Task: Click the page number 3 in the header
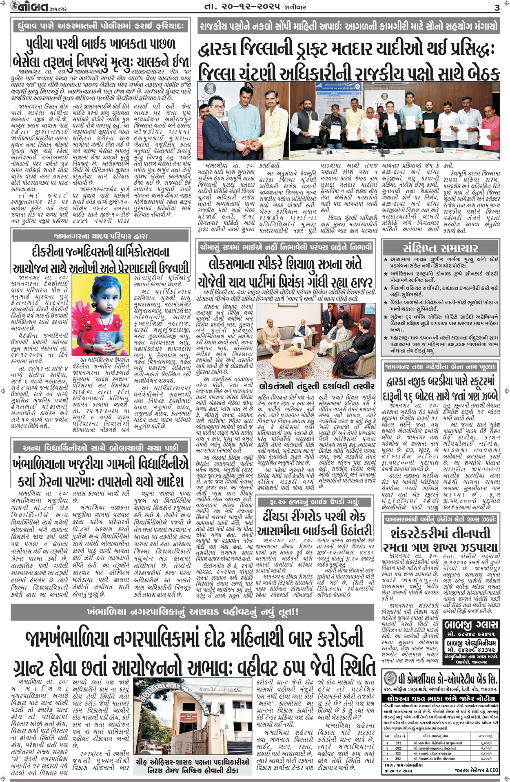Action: pos(497,7)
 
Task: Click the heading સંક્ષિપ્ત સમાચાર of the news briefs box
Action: pos(440,248)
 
